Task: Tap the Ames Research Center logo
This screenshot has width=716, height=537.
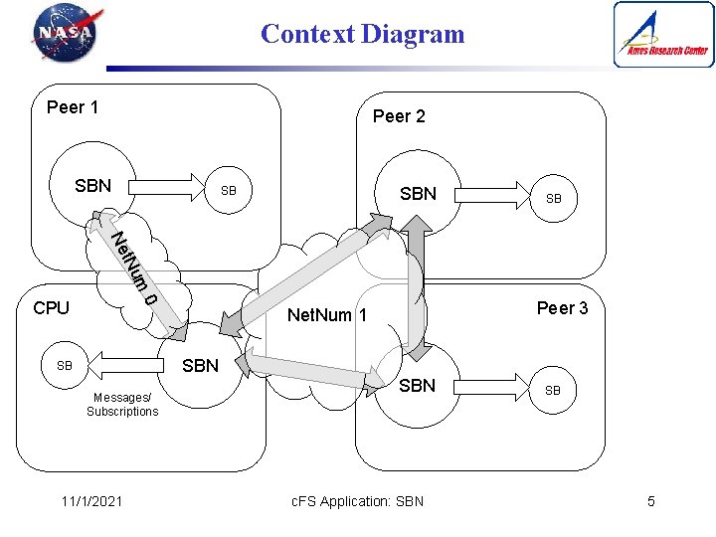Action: pyautogui.click(x=663, y=34)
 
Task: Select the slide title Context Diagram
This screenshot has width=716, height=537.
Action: pyautogui.click(x=362, y=34)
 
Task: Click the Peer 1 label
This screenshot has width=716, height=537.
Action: pyautogui.click(x=73, y=107)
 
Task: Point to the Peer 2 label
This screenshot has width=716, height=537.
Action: pyautogui.click(x=399, y=116)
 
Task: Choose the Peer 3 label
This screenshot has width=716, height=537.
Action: pyautogui.click(x=562, y=308)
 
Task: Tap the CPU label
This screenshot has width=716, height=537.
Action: pyautogui.click(x=51, y=308)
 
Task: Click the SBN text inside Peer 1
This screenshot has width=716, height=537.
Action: pyautogui.click(x=93, y=186)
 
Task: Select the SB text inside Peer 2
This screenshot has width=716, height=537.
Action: pyautogui.click(x=554, y=199)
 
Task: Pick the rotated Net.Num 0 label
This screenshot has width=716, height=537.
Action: pyautogui.click(x=133, y=268)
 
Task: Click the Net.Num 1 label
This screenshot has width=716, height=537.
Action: pyautogui.click(x=327, y=316)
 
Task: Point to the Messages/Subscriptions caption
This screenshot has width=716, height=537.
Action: pyautogui.click(x=122, y=405)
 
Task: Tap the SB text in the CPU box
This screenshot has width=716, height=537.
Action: pyautogui.click(x=65, y=366)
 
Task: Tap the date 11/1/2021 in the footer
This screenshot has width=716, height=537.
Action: pyautogui.click(x=89, y=501)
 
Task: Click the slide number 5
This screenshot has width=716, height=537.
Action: pyautogui.click(x=651, y=501)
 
